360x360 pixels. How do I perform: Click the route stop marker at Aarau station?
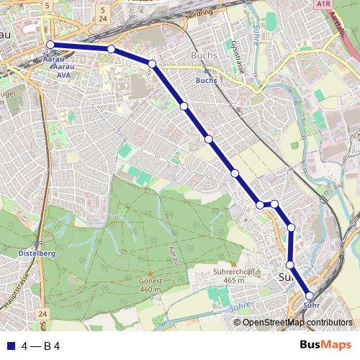pyautogui.click(x=50, y=45)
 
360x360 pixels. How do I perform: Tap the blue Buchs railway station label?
pyautogui.click(x=206, y=81)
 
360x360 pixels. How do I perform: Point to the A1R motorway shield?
pyautogui.click(x=322, y=4)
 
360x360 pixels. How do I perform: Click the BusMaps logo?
pyautogui.click(x=320, y=346)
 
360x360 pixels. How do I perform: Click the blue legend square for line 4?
pyautogui.click(x=10, y=346)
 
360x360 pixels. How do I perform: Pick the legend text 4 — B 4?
pyautogui.click(x=41, y=346)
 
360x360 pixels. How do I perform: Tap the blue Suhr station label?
pyautogui.click(x=311, y=305)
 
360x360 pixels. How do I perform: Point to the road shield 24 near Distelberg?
pyautogui.click(x=42, y=314)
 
